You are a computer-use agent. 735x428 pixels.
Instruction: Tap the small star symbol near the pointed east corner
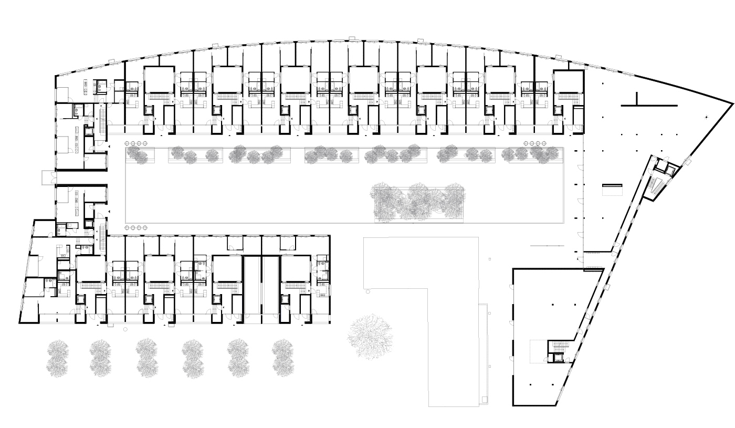[x=707, y=117]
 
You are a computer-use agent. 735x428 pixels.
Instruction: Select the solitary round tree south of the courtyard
[x=371, y=336]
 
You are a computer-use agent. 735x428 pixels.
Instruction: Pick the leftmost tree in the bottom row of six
[x=57, y=358]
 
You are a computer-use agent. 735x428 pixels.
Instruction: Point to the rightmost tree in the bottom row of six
[x=283, y=358]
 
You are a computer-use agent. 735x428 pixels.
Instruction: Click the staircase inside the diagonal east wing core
[x=656, y=187]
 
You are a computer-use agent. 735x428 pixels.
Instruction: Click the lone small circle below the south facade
[x=125, y=329]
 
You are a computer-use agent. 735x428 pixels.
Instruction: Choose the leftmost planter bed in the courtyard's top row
[x=140, y=155]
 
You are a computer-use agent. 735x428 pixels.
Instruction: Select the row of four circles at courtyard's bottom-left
[x=136, y=227]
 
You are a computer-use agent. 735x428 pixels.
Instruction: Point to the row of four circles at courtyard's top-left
[x=136, y=143]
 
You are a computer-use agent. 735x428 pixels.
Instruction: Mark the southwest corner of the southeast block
[x=513, y=405]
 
